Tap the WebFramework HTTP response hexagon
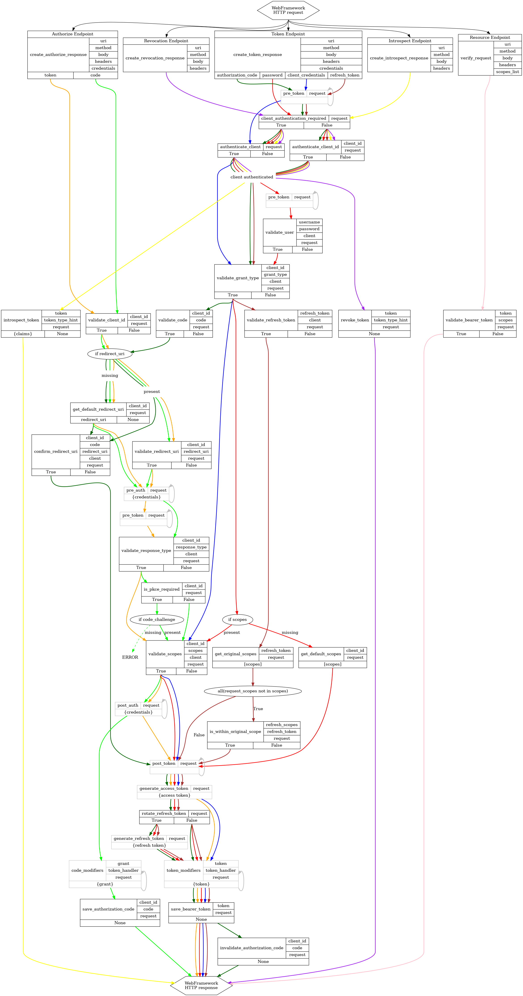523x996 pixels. (201, 985)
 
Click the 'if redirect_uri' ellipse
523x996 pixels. (110, 354)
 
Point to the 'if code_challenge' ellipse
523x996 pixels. (157, 619)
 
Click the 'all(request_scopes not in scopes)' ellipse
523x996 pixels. (252, 691)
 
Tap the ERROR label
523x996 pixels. (130, 657)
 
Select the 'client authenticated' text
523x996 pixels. (252, 177)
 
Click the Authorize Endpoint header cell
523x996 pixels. (73, 34)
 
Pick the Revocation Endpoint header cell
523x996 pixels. (166, 41)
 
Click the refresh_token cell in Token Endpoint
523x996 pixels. (344, 75)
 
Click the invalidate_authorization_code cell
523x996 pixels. (252, 948)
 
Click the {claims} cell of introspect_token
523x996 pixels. (23, 334)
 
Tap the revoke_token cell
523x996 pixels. (355, 320)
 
